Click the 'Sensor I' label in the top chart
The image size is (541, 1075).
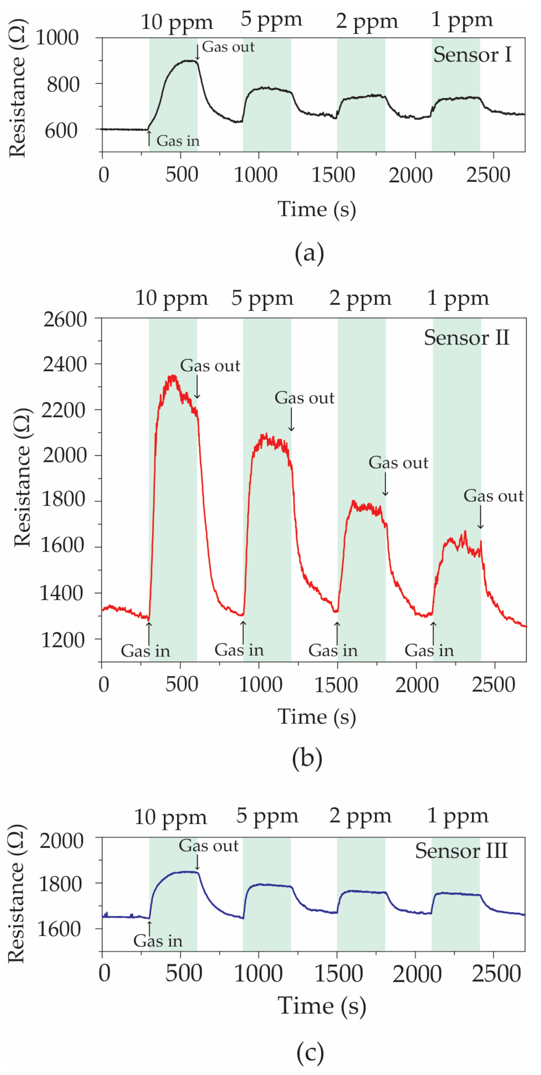(x=472, y=55)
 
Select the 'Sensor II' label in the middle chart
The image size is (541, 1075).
(x=466, y=338)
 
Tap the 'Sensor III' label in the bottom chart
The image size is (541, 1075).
(x=461, y=851)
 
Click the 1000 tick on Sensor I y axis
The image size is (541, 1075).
(x=57, y=38)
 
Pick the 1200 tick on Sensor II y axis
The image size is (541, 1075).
(x=63, y=640)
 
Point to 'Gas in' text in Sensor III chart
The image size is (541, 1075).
(x=158, y=941)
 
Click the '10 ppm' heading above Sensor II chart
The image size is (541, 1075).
(x=171, y=298)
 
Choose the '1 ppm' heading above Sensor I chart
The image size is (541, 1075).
(x=461, y=20)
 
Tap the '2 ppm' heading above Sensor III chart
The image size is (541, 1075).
(x=360, y=816)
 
